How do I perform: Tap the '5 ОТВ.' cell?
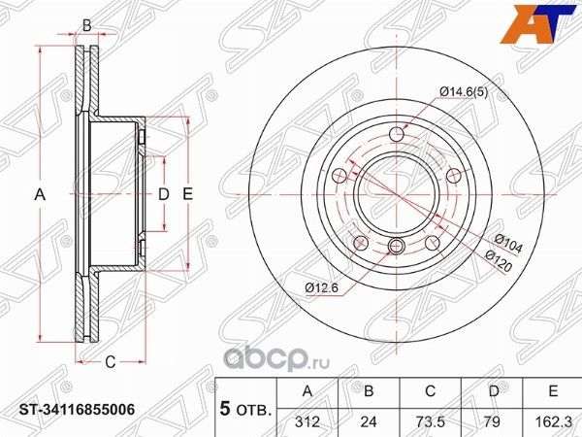243,406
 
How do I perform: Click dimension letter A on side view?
40,195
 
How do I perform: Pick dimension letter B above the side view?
86,24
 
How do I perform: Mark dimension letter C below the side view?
110,362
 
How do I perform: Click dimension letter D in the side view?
164,195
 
